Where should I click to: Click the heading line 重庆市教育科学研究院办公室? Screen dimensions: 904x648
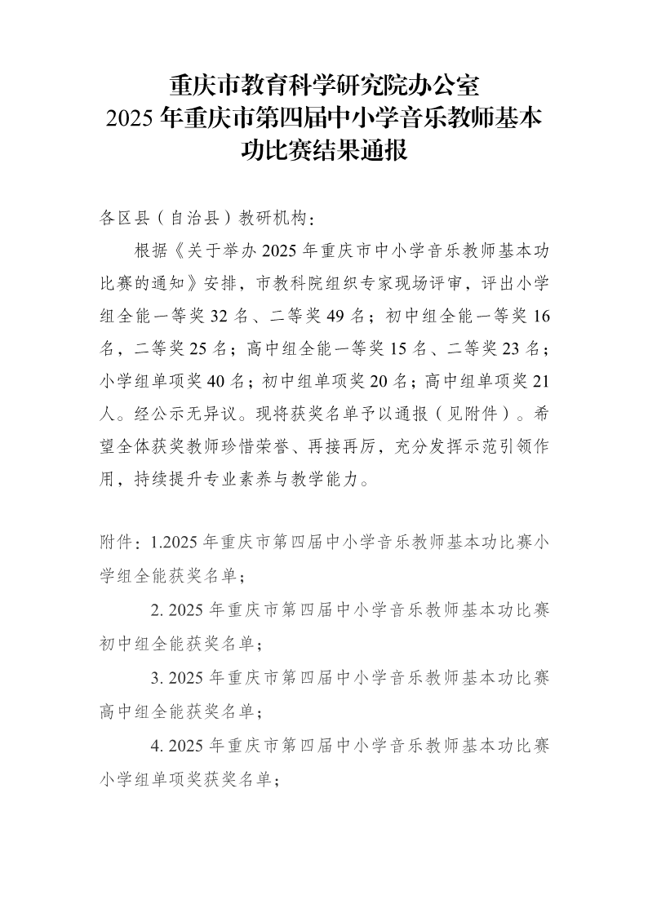324,85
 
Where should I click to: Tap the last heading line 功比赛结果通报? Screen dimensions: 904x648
324,151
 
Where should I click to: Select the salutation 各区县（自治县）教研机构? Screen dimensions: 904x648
205,219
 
